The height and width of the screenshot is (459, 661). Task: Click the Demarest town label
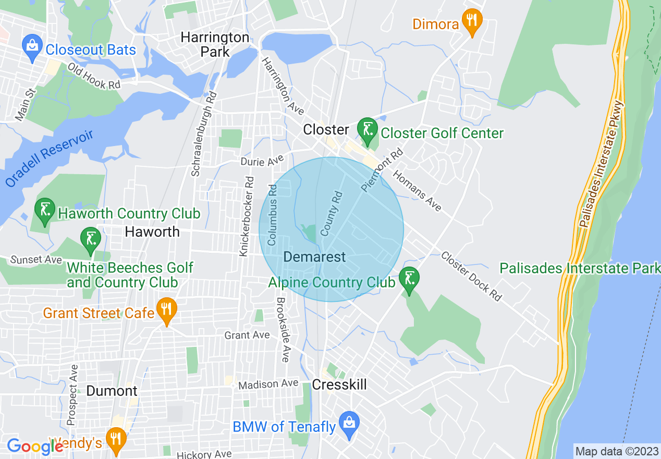point(314,257)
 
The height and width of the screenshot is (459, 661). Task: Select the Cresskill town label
point(339,384)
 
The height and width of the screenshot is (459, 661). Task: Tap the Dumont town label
point(112,391)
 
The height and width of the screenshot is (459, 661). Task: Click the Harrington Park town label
point(215,44)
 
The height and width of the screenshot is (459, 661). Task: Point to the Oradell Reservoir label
point(50,158)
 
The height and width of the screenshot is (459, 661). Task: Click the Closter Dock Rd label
point(471,276)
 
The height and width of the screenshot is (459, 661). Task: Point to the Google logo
point(34,446)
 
